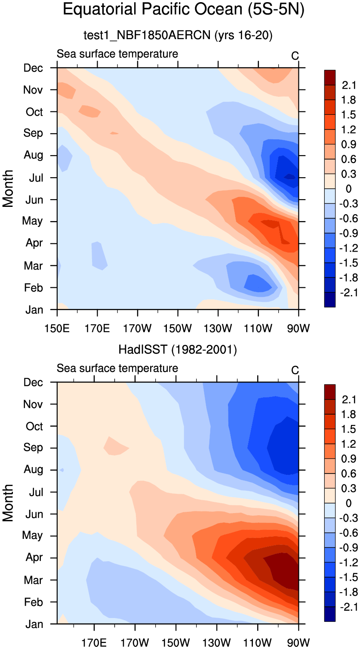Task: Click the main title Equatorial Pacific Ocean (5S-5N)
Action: click(x=184, y=10)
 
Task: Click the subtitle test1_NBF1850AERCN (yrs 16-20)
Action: click(x=178, y=36)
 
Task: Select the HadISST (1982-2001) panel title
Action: click(x=178, y=350)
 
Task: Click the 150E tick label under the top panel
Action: click(x=57, y=329)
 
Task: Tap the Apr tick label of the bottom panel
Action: click(x=34, y=558)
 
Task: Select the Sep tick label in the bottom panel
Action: click(x=34, y=448)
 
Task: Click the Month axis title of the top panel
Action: click(x=9, y=188)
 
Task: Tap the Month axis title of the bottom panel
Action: click(x=9, y=502)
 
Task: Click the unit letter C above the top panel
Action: click(x=295, y=56)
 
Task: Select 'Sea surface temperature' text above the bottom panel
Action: click(x=117, y=368)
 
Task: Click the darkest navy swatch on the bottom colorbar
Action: click(x=329, y=615)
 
